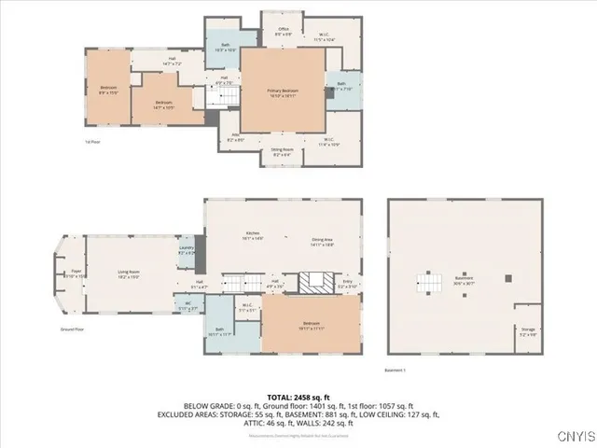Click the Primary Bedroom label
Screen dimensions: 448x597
point(283,91)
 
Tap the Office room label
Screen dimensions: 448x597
point(284,32)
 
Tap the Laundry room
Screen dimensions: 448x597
point(187,250)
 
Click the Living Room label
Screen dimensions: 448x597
point(129,274)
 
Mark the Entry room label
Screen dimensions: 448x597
point(347,283)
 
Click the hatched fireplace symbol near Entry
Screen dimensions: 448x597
point(313,283)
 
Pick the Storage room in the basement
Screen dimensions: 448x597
point(528,330)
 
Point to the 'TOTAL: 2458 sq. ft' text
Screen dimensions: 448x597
point(298,398)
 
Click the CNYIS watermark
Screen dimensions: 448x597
point(572,436)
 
